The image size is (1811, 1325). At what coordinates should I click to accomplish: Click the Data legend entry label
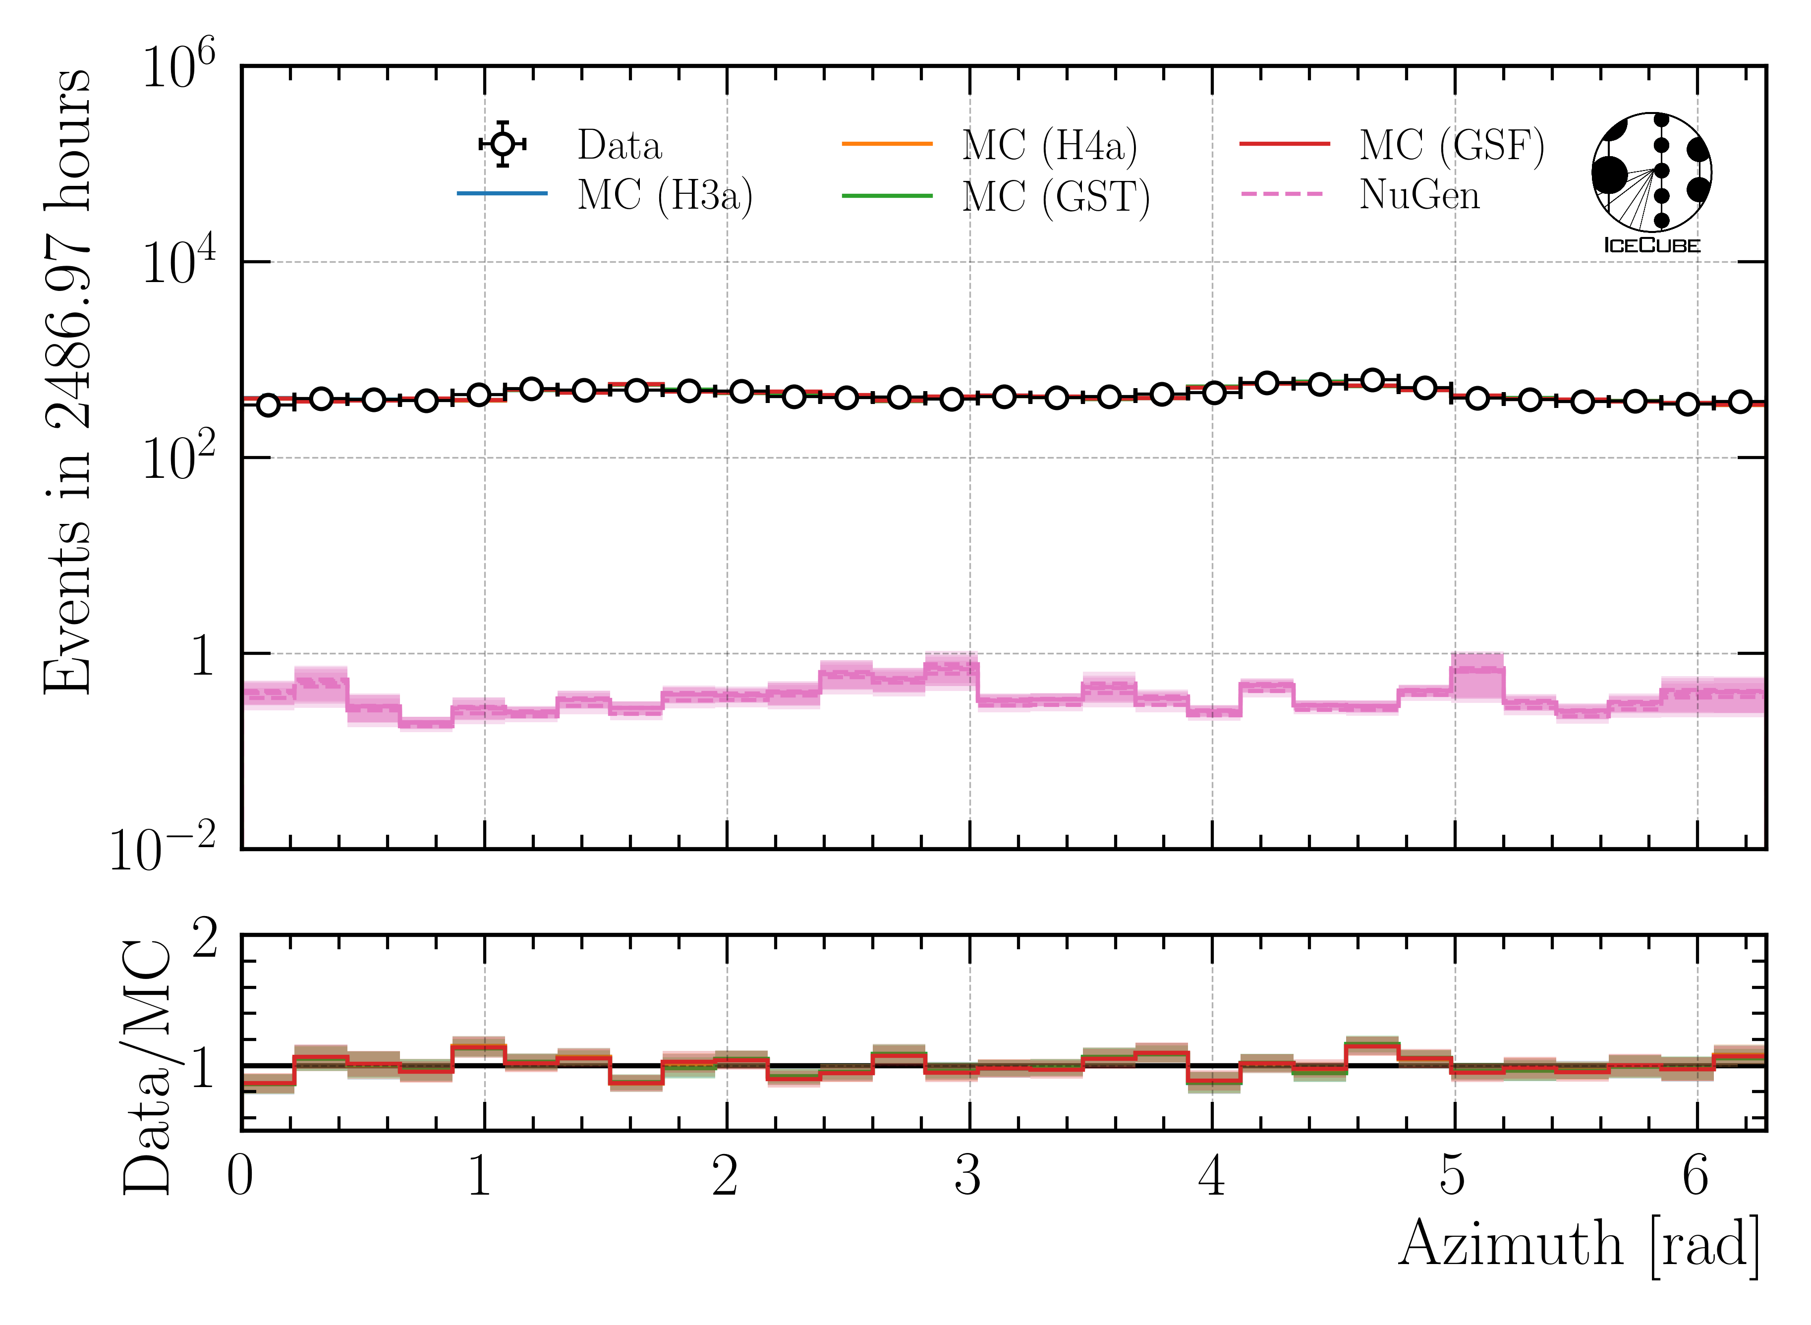tap(619, 145)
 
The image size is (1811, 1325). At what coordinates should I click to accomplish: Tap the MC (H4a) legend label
tap(1049, 145)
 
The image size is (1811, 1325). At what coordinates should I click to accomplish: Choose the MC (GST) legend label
tap(1056, 196)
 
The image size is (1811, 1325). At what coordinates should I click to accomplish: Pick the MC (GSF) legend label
tap(1451, 145)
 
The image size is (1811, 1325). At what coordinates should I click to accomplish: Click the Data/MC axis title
tap(148, 1067)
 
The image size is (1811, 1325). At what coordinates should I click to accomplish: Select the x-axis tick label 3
tap(968, 1177)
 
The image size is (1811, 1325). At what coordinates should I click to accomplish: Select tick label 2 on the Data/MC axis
tap(205, 938)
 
